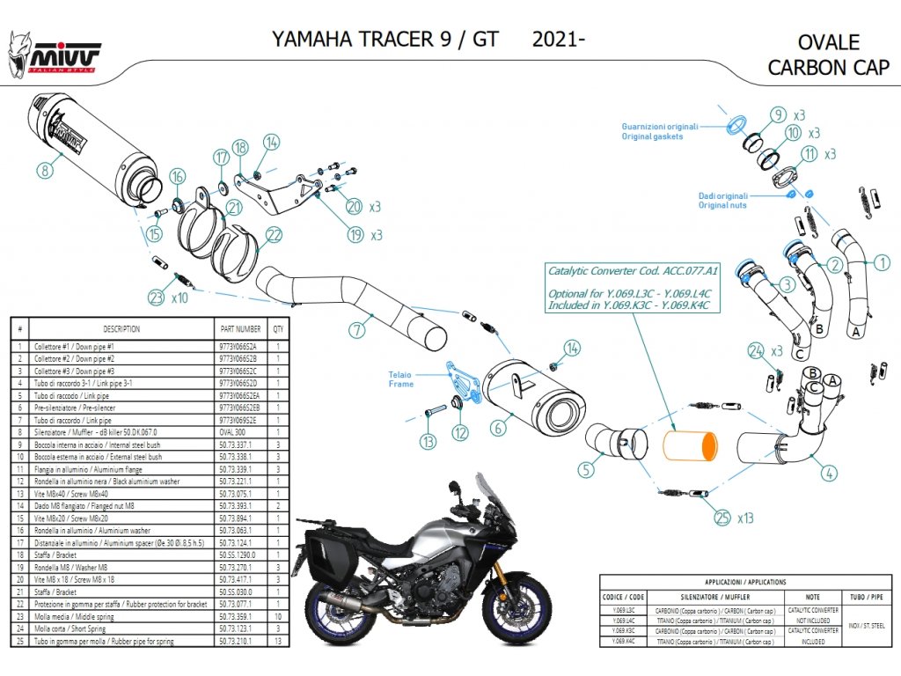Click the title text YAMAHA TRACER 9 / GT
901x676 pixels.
tap(385, 40)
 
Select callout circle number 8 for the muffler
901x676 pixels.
tap(45, 171)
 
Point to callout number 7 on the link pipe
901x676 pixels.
tap(356, 330)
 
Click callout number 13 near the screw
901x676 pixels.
tap(428, 441)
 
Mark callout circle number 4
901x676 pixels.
tap(828, 474)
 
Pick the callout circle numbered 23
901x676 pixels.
tap(156, 298)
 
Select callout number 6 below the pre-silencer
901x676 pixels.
tap(497, 429)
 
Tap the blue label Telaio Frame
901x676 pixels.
tap(400, 379)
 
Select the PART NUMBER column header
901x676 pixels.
tap(239, 328)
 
